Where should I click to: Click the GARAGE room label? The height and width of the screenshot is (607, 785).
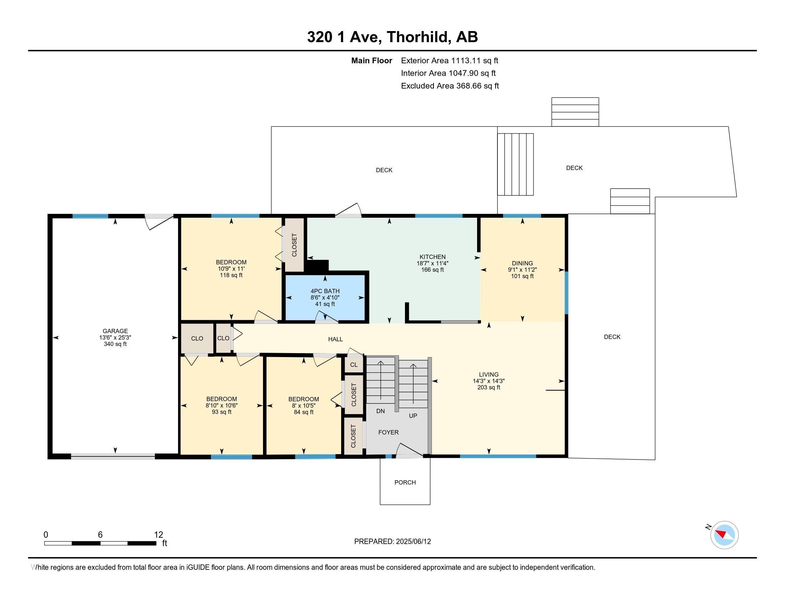pyautogui.click(x=115, y=331)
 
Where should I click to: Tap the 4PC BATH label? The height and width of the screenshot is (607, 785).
pyautogui.click(x=325, y=291)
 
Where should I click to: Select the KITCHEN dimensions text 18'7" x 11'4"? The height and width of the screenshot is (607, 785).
pyautogui.click(x=432, y=263)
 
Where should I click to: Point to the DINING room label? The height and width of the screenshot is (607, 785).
pyautogui.click(x=522, y=263)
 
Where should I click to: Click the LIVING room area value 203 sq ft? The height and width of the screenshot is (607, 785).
pyautogui.click(x=488, y=387)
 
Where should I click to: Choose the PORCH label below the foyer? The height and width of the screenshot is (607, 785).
pyautogui.click(x=405, y=482)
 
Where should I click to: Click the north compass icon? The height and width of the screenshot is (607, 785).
pyautogui.click(x=724, y=535)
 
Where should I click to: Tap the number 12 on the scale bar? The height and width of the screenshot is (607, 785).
pyautogui.click(x=158, y=535)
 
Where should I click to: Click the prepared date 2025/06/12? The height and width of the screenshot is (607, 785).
pyautogui.click(x=413, y=541)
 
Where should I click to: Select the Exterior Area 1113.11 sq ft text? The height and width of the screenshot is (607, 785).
pyautogui.click(x=449, y=60)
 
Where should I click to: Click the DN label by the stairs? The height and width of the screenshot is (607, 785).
pyautogui.click(x=380, y=411)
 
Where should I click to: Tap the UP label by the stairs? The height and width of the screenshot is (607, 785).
pyautogui.click(x=413, y=415)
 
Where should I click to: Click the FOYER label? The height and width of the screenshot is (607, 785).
pyautogui.click(x=388, y=432)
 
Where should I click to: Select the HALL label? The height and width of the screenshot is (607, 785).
pyautogui.click(x=335, y=339)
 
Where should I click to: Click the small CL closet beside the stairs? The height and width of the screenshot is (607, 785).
pyautogui.click(x=354, y=365)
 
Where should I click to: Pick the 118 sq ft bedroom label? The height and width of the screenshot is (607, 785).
pyautogui.click(x=231, y=275)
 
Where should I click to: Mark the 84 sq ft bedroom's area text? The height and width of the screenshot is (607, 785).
pyautogui.click(x=304, y=412)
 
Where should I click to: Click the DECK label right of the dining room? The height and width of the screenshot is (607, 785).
pyautogui.click(x=612, y=337)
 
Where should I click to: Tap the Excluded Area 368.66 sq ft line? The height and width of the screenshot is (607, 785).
pyautogui.click(x=450, y=86)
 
